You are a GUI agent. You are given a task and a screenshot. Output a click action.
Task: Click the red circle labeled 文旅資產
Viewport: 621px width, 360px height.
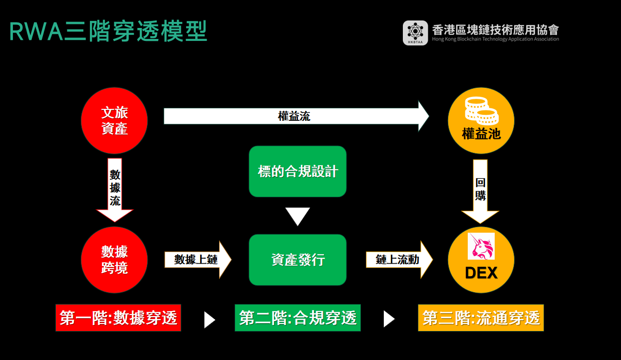(x=114, y=120)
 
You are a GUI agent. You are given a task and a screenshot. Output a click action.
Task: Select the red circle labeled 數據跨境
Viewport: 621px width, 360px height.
(x=114, y=260)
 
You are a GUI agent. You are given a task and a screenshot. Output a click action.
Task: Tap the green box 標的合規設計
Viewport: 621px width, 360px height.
(x=298, y=171)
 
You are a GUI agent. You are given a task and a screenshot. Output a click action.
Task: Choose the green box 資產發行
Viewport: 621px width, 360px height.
(x=298, y=260)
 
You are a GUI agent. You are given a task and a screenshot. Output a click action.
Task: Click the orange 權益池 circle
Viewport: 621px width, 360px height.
(x=481, y=120)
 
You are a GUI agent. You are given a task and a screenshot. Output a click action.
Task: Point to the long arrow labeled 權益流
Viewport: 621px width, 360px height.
(x=295, y=116)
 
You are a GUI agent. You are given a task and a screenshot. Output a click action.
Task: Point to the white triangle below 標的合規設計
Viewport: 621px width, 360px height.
(x=298, y=216)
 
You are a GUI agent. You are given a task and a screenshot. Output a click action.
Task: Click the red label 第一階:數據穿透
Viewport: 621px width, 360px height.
(x=118, y=318)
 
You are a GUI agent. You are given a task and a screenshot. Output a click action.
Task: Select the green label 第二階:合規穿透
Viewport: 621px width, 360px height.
(x=298, y=318)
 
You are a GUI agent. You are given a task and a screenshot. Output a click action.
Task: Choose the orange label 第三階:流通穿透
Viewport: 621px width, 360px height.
(x=481, y=318)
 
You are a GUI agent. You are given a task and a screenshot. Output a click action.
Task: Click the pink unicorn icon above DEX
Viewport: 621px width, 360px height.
(x=481, y=246)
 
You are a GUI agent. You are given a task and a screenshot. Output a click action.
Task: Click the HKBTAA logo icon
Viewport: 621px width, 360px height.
(x=415, y=33)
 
